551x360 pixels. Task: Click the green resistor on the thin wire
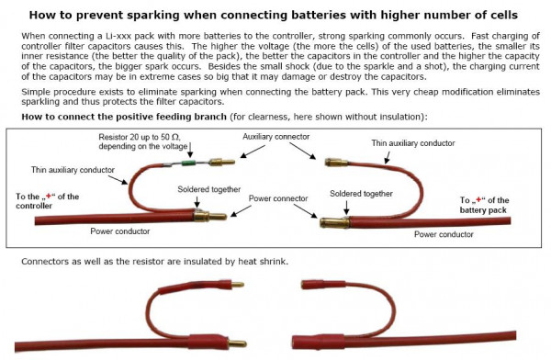(x=190, y=163)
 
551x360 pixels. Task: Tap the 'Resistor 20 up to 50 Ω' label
(x=140, y=137)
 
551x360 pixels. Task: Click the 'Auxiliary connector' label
(x=275, y=137)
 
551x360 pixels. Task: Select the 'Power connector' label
(x=278, y=198)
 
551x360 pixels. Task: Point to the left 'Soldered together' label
(x=208, y=189)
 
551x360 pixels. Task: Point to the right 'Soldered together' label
(x=361, y=194)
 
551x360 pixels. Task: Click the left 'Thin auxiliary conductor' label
(x=73, y=170)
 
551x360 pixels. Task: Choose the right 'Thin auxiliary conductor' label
(x=413, y=143)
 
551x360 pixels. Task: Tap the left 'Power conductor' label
(x=119, y=231)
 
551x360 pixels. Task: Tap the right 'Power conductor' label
(x=444, y=234)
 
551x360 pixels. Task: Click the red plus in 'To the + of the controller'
(x=49, y=197)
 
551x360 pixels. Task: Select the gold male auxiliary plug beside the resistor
(x=221, y=162)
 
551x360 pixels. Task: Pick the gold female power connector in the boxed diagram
(x=334, y=222)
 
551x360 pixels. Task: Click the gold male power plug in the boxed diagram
(x=209, y=216)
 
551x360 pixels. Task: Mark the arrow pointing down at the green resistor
(x=190, y=150)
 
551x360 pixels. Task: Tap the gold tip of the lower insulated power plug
(x=237, y=343)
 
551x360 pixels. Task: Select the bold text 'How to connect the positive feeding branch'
(x=124, y=117)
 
